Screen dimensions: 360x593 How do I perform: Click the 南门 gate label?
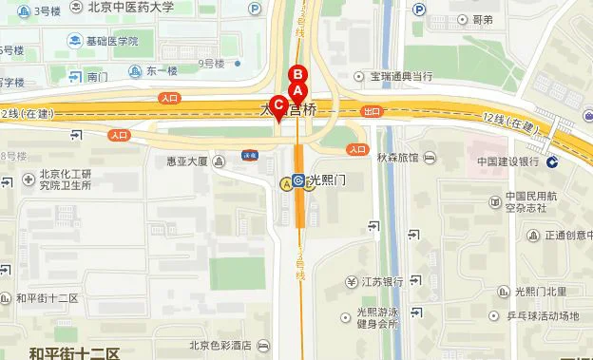click(x=97, y=77)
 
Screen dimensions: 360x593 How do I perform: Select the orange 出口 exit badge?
click(x=372, y=111)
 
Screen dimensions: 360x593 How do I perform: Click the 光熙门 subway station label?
click(x=329, y=180)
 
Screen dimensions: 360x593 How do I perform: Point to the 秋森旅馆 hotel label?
click(x=396, y=158)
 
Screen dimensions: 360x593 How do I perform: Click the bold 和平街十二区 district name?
click(x=73, y=353)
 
